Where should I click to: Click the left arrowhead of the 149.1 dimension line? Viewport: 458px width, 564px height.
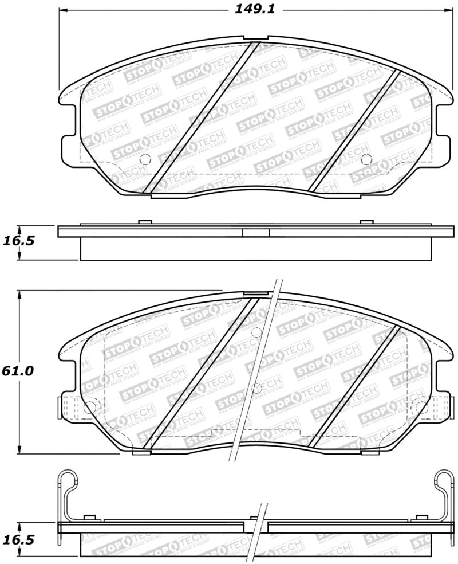click(x=63, y=10)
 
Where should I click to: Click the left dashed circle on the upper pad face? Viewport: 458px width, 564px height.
click(x=144, y=159)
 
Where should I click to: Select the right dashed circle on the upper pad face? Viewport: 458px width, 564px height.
click(x=365, y=159)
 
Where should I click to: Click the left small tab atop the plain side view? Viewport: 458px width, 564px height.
click(x=144, y=222)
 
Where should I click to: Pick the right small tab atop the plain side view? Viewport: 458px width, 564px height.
click(x=365, y=222)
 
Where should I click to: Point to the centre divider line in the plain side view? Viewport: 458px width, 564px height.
click(x=243, y=232)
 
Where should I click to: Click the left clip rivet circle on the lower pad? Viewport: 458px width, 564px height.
click(x=89, y=408)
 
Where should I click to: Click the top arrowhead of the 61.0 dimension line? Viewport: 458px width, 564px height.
click(x=21, y=294)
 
